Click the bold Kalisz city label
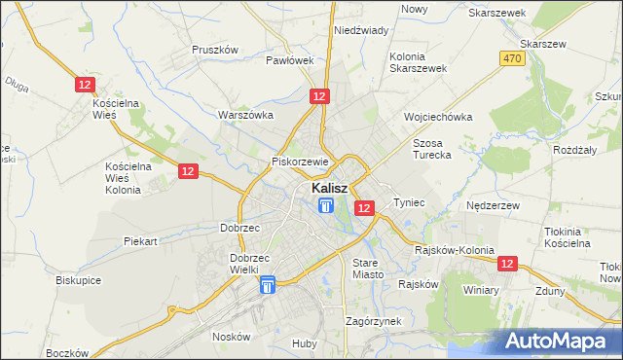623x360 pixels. [x=332, y=187]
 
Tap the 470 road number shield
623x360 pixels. [x=512, y=59]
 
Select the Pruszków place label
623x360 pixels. [x=215, y=50]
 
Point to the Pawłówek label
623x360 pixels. [x=290, y=60]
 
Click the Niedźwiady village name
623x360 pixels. [x=361, y=30]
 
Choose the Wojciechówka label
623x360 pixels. [x=438, y=117]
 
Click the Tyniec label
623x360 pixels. [x=409, y=202]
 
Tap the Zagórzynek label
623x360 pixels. [x=374, y=320]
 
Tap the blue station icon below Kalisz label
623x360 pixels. [x=325, y=205]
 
